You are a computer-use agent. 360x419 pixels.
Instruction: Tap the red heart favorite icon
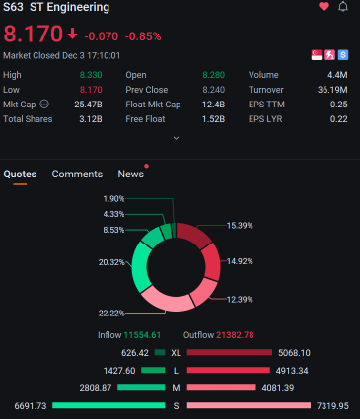[324, 7]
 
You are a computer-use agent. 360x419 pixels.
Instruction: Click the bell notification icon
[343, 7]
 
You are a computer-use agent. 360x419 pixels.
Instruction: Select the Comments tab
[77, 174]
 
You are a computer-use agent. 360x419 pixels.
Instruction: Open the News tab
[131, 174]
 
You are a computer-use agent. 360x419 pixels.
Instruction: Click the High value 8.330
[91, 75]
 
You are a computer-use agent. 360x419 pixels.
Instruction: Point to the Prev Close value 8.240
[214, 90]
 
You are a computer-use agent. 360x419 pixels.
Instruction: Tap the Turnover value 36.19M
[332, 90]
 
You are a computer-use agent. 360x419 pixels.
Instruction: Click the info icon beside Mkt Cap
[44, 105]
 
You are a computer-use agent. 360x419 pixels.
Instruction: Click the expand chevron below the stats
[176, 138]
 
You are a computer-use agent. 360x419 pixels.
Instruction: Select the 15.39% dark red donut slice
[193, 234]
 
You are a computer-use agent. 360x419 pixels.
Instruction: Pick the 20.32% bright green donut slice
[141, 267]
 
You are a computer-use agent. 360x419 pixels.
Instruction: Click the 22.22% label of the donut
[111, 314]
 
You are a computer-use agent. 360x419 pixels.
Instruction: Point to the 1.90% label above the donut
[113, 199]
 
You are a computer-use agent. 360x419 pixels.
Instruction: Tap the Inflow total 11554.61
[142, 335]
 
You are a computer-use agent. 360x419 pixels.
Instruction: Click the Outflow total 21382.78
[235, 335]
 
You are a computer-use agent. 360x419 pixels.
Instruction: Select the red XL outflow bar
[230, 353]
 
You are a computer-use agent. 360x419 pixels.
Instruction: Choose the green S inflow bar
[108, 405]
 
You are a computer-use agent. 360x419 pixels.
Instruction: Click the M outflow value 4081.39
[278, 388]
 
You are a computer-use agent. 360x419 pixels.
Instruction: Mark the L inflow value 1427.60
[119, 371]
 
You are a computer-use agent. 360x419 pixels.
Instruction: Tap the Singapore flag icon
[317, 55]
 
